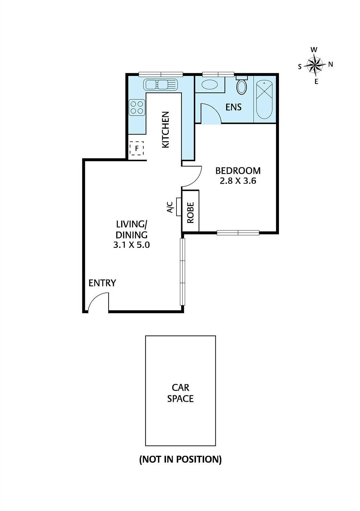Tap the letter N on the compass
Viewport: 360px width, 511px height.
click(331, 65)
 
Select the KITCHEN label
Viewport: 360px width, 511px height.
click(165, 129)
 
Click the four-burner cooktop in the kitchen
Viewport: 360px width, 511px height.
click(137, 107)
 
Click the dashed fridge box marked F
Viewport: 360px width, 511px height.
click(137, 149)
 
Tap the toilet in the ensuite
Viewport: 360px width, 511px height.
click(242, 86)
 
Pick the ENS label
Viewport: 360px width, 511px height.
click(233, 107)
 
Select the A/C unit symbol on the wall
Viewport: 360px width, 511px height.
click(179, 207)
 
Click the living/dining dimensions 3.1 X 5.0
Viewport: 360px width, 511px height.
click(131, 245)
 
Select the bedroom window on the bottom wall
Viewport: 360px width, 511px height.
click(238, 233)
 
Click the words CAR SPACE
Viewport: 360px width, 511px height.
click(180, 393)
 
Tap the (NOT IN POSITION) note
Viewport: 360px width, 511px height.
click(180, 459)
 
